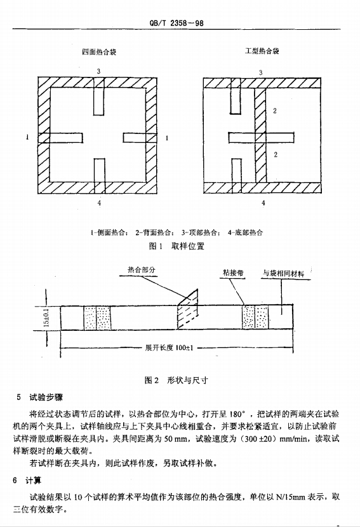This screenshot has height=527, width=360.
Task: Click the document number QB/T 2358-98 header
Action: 176,23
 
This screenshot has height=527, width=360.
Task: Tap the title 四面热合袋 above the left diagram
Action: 99,52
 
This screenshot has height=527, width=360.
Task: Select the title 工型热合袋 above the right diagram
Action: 262,51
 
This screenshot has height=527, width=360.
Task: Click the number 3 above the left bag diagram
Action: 98,71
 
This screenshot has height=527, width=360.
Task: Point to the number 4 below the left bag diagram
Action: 99,203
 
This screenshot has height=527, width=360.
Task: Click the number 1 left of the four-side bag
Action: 27,137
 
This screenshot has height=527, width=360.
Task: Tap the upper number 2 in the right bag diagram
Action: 275,110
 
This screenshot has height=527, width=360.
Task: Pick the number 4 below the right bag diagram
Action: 263,203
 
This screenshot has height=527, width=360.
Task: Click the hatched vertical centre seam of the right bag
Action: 260,135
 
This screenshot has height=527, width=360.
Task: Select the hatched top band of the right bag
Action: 262,83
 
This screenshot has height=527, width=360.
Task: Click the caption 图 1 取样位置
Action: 177,246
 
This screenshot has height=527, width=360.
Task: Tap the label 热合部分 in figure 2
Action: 142,270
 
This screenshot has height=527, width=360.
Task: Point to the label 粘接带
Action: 233,272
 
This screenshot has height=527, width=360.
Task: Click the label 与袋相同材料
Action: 283,274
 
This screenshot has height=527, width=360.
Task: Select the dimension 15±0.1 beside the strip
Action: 47,317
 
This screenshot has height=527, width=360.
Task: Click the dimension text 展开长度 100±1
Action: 169,348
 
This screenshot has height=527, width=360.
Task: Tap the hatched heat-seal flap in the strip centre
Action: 187,309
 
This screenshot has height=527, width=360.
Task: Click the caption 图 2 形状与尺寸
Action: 176,380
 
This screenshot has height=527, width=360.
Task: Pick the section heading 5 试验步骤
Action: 39,397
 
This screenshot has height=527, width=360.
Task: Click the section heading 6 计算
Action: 27,481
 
